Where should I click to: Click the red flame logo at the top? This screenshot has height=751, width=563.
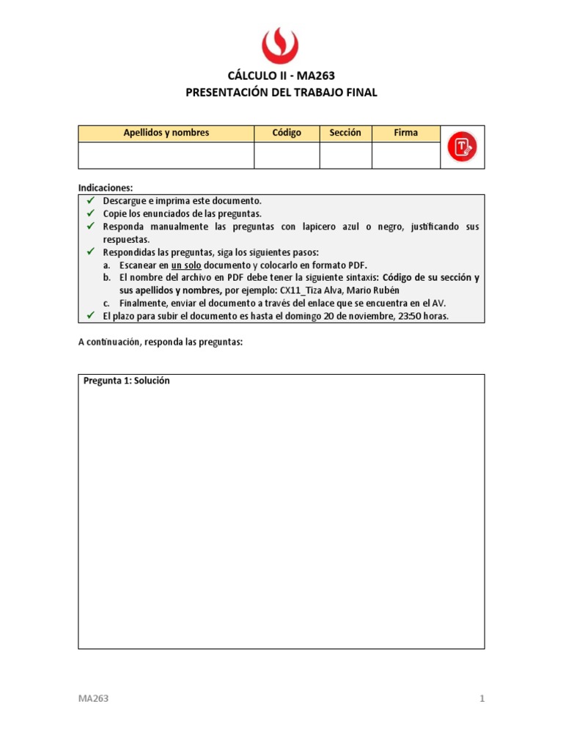[281, 46]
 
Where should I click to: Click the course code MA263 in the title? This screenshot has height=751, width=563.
[317, 76]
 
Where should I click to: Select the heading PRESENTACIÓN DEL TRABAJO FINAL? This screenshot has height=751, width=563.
[281, 92]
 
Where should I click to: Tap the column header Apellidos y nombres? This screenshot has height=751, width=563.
[166, 133]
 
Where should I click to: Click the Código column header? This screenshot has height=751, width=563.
[287, 133]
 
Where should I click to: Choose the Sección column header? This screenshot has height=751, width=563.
[345, 133]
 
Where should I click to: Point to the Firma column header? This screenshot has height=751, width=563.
[405, 133]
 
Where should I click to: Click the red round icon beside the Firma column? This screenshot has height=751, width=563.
[463, 147]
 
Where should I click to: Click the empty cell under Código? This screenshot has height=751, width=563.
[287, 155]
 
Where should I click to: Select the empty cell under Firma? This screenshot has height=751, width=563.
[405, 155]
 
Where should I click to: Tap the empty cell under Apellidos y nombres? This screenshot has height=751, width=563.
[166, 155]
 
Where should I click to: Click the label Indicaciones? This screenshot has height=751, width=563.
[106, 188]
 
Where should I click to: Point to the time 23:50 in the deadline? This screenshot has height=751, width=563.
[407, 316]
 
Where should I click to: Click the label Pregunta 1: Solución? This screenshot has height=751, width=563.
[127, 381]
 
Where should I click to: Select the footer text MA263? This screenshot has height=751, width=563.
[93, 699]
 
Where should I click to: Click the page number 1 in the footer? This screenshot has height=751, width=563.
[482, 699]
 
